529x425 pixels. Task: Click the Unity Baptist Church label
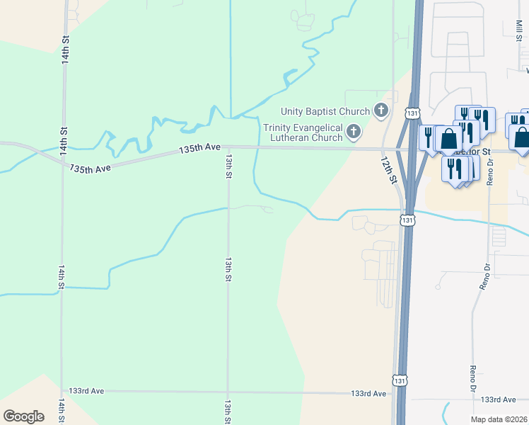(x=325, y=111)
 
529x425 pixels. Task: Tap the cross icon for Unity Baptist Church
(x=381, y=110)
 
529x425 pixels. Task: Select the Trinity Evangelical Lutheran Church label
(x=303, y=132)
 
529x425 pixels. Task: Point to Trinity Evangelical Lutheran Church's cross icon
(x=354, y=132)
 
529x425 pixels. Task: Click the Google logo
(x=23, y=416)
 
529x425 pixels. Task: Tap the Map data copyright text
(x=499, y=419)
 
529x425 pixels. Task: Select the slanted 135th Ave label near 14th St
(x=91, y=169)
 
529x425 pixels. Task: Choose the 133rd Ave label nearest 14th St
(x=86, y=391)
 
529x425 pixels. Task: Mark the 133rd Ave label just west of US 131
(x=369, y=393)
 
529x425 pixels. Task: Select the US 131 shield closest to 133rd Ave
(x=401, y=380)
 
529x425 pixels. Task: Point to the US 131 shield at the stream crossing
(x=407, y=220)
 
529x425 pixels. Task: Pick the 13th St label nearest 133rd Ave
(x=228, y=409)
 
